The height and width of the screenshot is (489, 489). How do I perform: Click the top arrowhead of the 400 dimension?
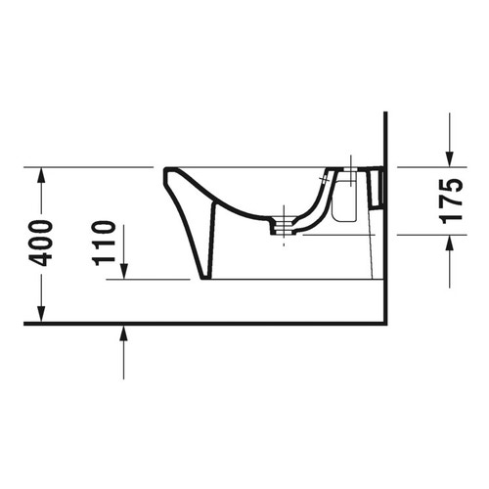(x=40, y=174)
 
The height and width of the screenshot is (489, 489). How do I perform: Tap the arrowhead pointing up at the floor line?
(x=123, y=333)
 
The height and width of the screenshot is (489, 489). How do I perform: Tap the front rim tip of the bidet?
(x=168, y=171)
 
